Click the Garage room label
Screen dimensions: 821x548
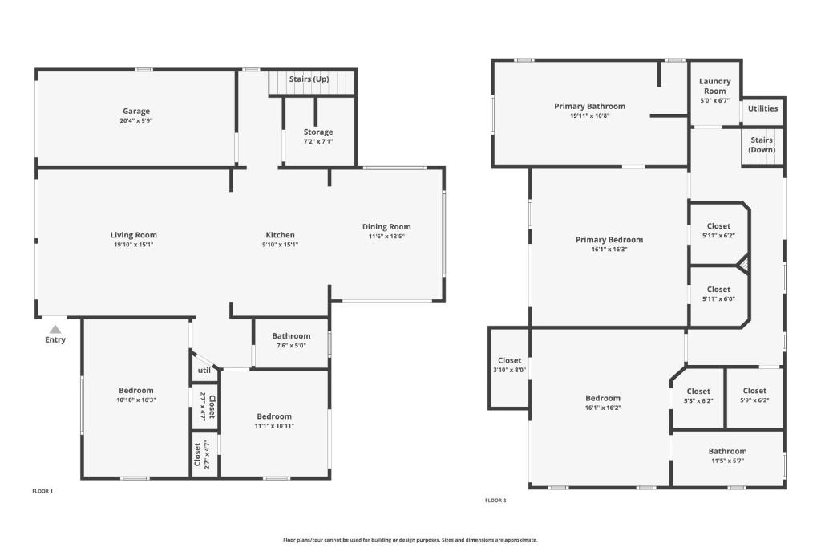pyautogui.click(x=136, y=111)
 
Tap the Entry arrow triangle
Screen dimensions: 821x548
pyautogui.click(x=55, y=329)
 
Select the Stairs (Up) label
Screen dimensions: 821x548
pyautogui.click(x=309, y=79)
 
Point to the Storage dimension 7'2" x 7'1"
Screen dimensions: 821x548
pyautogui.click(x=318, y=141)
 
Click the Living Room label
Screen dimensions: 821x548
pyautogui.click(x=134, y=235)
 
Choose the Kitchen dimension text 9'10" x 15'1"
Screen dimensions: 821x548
pyautogui.click(x=280, y=245)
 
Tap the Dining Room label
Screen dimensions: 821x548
pyautogui.click(x=386, y=227)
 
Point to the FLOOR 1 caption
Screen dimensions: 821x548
pyautogui.click(x=42, y=491)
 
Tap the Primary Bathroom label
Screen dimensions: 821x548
pyautogui.click(x=589, y=107)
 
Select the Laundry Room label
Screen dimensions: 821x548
pyautogui.click(x=714, y=86)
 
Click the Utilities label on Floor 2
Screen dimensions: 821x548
pyautogui.click(x=762, y=108)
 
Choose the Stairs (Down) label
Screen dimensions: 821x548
pyautogui.click(x=762, y=144)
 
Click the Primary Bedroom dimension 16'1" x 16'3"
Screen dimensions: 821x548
pyautogui.click(x=609, y=250)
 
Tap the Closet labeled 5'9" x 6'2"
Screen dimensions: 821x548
pyautogui.click(x=754, y=395)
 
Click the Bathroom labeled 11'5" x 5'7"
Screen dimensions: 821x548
pyautogui.click(x=727, y=455)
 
